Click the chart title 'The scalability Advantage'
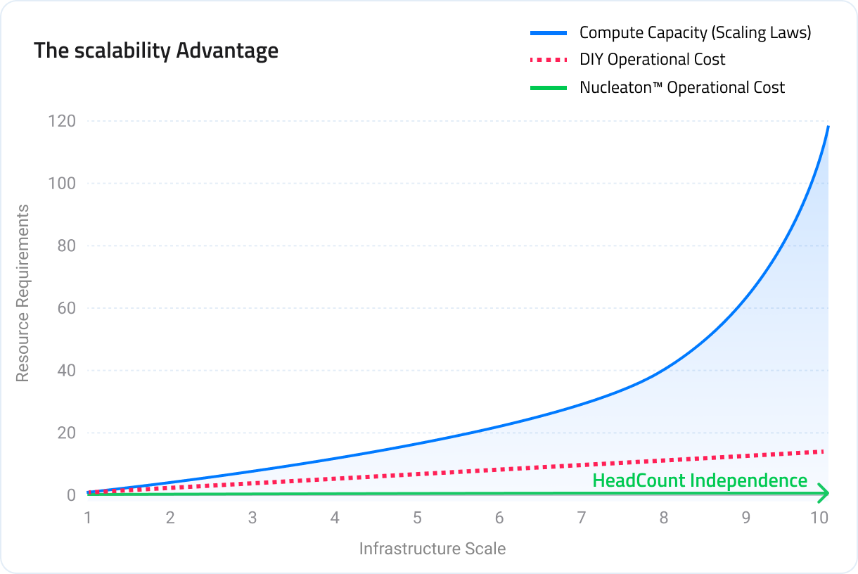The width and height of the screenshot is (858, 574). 156,51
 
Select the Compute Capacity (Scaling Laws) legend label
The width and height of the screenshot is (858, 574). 695,32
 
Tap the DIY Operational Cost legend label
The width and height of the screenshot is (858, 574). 652,60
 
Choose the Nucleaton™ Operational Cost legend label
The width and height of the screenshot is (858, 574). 681,87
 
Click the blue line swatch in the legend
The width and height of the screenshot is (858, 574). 548,32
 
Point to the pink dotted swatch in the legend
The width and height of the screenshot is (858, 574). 548,60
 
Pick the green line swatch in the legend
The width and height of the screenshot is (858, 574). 548,87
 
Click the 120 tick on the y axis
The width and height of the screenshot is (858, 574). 61,121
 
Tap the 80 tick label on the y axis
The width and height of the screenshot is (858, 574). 65,246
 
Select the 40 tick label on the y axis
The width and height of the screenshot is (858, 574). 65,371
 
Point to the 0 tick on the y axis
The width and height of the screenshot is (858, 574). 71,495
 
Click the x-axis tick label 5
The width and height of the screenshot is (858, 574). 417,518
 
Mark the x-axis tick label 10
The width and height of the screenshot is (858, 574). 818,518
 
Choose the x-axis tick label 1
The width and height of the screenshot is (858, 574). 88,518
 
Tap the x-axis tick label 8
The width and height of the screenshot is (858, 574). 663,518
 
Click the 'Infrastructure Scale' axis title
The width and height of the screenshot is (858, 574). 432,549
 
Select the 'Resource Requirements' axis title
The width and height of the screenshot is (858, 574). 23,293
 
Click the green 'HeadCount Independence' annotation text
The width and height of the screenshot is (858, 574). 699,480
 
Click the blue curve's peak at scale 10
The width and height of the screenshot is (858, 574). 828,127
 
